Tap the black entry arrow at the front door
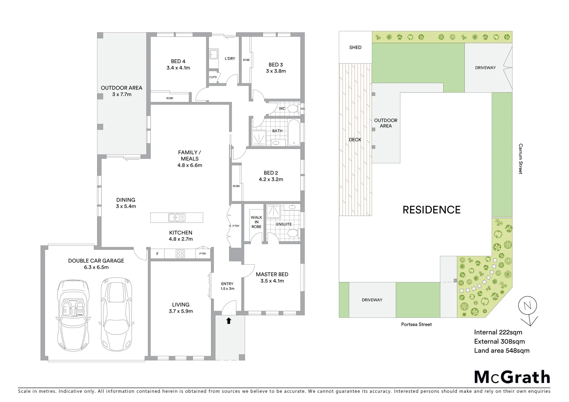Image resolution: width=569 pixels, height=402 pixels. click(x=229, y=320)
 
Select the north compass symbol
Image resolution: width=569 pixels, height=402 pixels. click(x=528, y=307)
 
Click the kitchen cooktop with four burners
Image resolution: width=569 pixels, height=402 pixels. click(x=180, y=254)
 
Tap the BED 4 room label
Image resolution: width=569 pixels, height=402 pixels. click(x=178, y=61)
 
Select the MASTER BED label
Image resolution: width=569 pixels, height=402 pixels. click(x=272, y=274)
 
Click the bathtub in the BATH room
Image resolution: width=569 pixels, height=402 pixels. click(x=294, y=133)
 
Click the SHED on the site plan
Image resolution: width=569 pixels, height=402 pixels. click(x=355, y=47)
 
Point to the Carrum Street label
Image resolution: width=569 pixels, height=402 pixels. click(x=520, y=159)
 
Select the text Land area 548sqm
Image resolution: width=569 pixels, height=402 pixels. click(x=501, y=350)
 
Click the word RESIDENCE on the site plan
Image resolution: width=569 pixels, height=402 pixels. click(x=431, y=210)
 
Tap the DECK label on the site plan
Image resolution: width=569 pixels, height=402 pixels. click(x=355, y=140)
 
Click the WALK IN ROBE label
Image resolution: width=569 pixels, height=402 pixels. click(x=256, y=222)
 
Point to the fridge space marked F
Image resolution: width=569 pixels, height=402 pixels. click(x=158, y=254)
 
